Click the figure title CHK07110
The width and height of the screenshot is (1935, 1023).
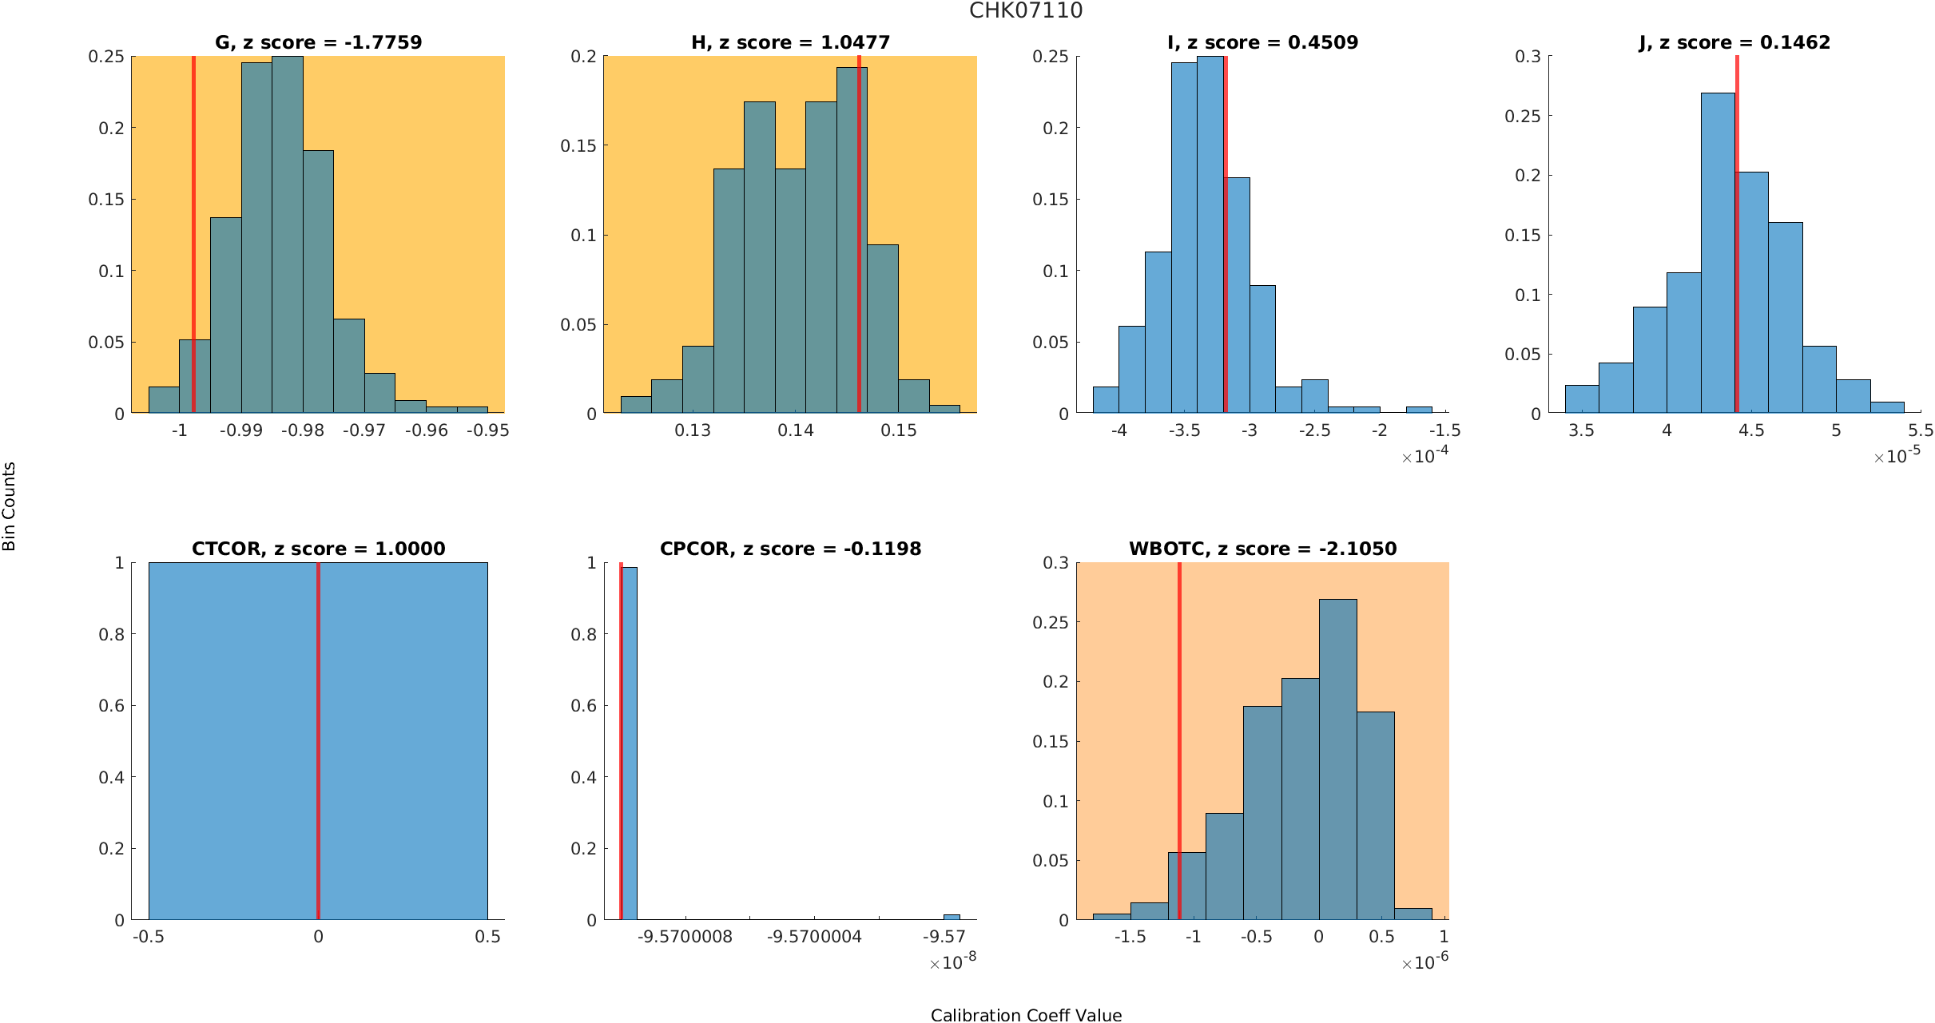(1026, 10)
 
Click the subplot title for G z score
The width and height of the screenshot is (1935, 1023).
(318, 42)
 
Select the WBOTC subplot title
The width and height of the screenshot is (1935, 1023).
(1262, 549)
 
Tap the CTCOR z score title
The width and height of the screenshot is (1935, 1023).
(318, 549)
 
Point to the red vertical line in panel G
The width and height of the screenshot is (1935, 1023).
(193, 240)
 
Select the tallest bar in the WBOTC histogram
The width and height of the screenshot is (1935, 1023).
(1337, 759)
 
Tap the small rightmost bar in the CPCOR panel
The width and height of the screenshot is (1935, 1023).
(952, 917)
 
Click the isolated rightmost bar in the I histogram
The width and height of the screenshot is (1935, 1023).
(1419, 410)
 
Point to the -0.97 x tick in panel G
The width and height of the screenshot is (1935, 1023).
(364, 430)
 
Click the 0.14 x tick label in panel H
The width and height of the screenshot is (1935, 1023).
(796, 430)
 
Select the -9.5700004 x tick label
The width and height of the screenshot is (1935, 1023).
(814, 937)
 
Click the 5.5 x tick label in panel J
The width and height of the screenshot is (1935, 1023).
(1921, 430)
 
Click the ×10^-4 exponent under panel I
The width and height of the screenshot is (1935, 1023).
(1424, 455)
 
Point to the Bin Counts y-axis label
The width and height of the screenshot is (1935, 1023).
(10, 506)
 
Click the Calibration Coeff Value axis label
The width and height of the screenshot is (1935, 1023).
(1026, 1015)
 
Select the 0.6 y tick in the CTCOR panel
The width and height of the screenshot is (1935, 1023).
(111, 706)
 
